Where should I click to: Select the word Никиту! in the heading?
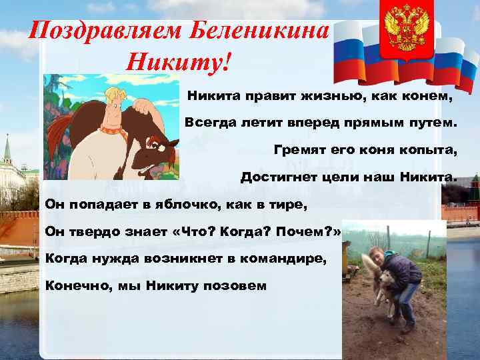(x=179, y=64)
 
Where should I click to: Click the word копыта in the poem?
(x=431, y=150)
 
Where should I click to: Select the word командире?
(x=279, y=259)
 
